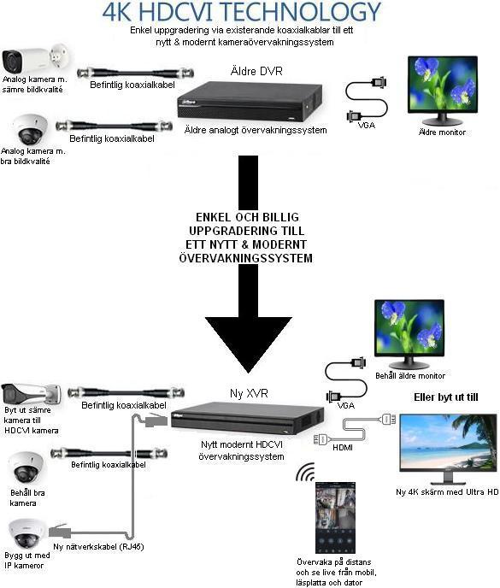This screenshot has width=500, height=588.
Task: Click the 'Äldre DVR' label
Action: pyautogui.click(x=256, y=71)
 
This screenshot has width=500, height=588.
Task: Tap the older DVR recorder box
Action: pyautogui.click(x=250, y=101)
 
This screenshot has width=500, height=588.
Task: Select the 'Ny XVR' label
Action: pyautogui.click(x=249, y=393)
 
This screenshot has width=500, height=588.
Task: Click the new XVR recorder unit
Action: pyautogui.click(x=248, y=419)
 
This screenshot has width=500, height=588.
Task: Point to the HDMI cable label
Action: pyautogui.click(x=343, y=447)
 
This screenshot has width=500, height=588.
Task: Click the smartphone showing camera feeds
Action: pyautogui.click(x=335, y=517)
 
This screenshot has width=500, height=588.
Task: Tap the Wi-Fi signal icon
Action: pyautogui.click(x=305, y=472)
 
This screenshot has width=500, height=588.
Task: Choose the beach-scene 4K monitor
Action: pyautogui.click(x=448, y=449)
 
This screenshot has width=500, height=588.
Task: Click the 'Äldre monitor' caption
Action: pyautogui.click(x=442, y=132)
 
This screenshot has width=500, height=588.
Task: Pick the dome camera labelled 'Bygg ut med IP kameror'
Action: pyautogui.click(x=26, y=534)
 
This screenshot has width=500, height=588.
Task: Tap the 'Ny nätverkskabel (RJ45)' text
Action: pyautogui.click(x=98, y=546)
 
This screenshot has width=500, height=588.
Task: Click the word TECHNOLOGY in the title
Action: pyautogui.click(x=303, y=12)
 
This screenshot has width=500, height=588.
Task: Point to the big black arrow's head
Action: pyautogui.click(x=249, y=344)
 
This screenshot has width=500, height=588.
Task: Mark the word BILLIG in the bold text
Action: pyautogui.click(x=280, y=217)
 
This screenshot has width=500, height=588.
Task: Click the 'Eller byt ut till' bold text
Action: pyautogui.click(x=446, y=397)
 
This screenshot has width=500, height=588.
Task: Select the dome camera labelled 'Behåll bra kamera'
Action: pyautogui.click(x=26, y=467)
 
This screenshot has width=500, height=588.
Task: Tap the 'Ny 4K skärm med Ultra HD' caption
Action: pyautogui.click(x=447, y=491)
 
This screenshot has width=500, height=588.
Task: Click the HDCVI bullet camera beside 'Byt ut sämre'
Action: pyautogui.click(x=31, y=394)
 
